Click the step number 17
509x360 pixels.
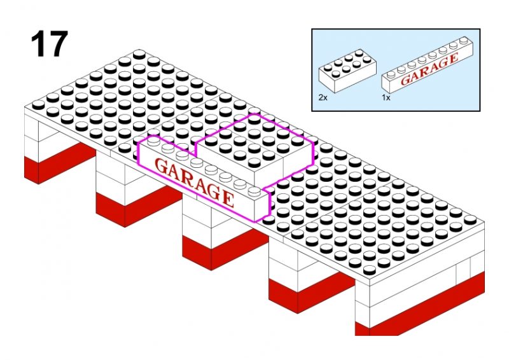pyautogui.click(x=48, y=45)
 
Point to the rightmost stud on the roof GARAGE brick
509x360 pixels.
pyautogui.click(x=254, y=190)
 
